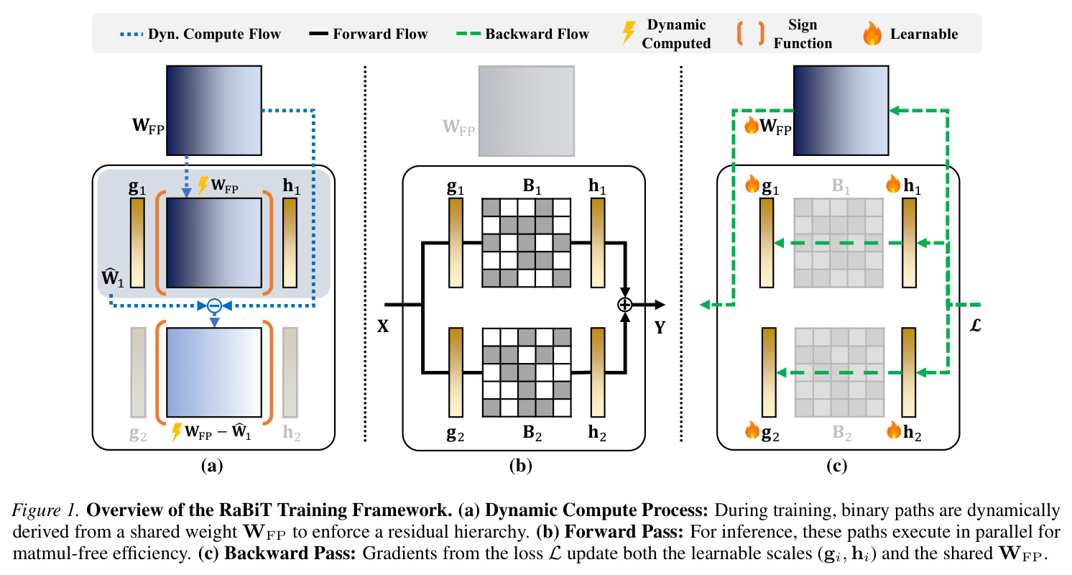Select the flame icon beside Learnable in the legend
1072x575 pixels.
(x=872, y=33)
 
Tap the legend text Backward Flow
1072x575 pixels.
(x=537, y=34)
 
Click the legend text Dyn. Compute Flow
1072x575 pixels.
(x=214, y=34)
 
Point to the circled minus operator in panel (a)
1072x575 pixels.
(x=214, y=305)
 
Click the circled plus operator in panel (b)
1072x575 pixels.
(x=624, y=305)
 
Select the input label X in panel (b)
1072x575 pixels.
(x=383, y=326)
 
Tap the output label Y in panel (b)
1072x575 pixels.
(x=660, y=328)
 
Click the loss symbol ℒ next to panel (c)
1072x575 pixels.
(x=975, y=326)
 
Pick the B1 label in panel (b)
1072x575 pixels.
(x=532, y=185)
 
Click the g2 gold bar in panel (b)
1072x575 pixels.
(x=456, y=372)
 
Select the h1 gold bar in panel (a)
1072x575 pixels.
(x=290, y=243)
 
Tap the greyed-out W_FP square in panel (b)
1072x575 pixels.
(x=527, y=111)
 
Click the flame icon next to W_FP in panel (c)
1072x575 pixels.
(x=752, y=126)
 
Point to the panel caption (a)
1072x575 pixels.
(x=212, y=466)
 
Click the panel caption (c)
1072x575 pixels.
(x=836, y=466)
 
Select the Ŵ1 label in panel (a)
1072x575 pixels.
(x=113, y=277)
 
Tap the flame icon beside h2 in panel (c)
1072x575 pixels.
(x=894, y=430)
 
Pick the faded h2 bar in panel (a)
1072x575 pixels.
(x=290, y=372)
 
